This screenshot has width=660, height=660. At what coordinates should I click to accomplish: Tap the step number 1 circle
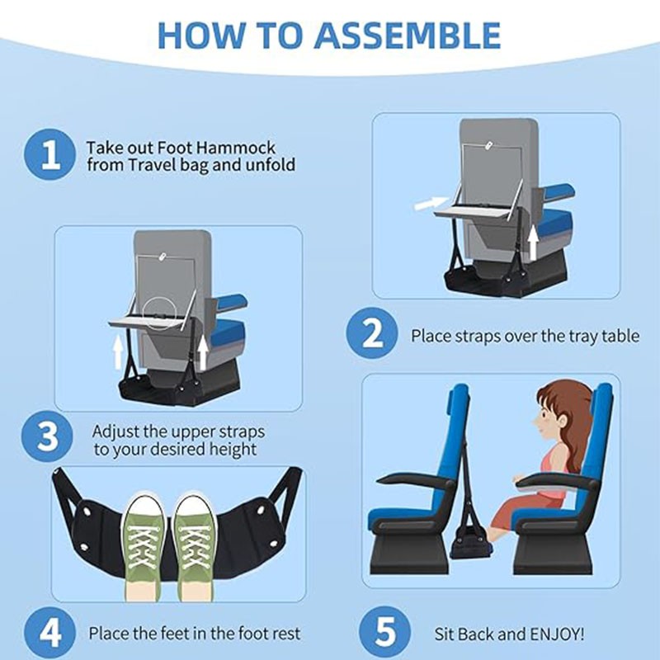tap(51, 154)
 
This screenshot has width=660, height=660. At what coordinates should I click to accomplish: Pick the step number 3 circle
tap(51, 441)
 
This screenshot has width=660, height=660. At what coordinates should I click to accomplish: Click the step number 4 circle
tap(51, 633)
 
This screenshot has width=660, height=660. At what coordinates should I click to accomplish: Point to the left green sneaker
tap(146, 544)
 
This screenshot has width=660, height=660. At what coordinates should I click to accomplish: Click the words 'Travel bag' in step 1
tap(160, 164)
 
